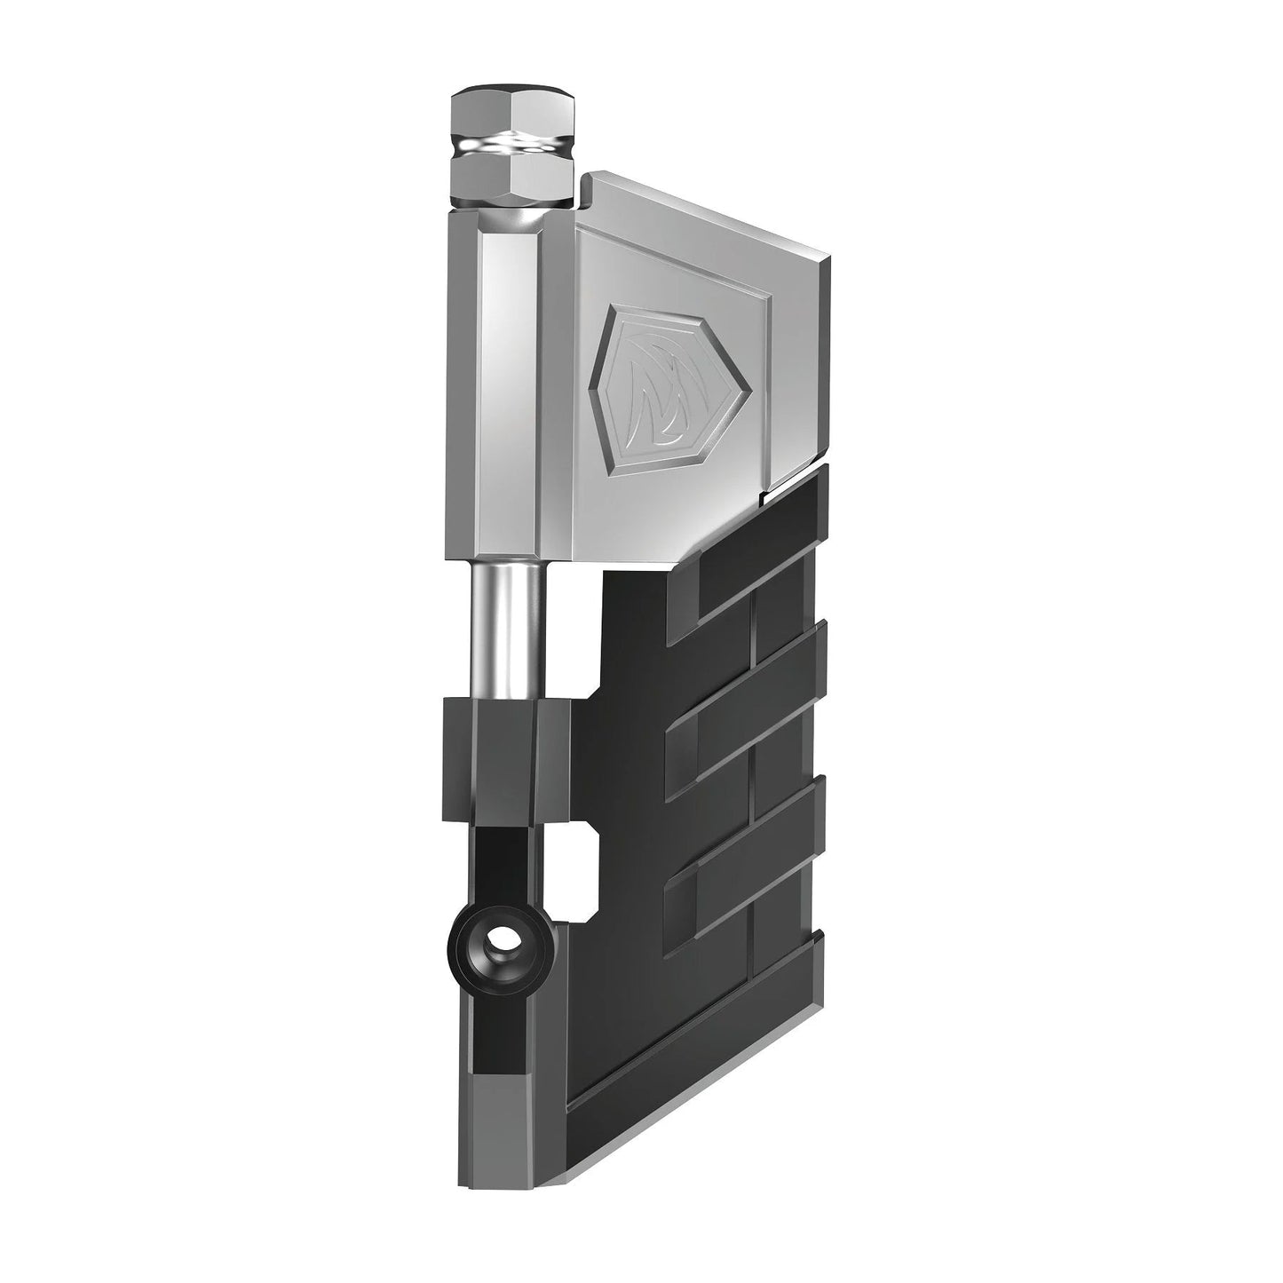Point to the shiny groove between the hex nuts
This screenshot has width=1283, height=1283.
click(512, 143)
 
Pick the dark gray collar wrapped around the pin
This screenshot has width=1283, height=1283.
click(504, 759)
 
